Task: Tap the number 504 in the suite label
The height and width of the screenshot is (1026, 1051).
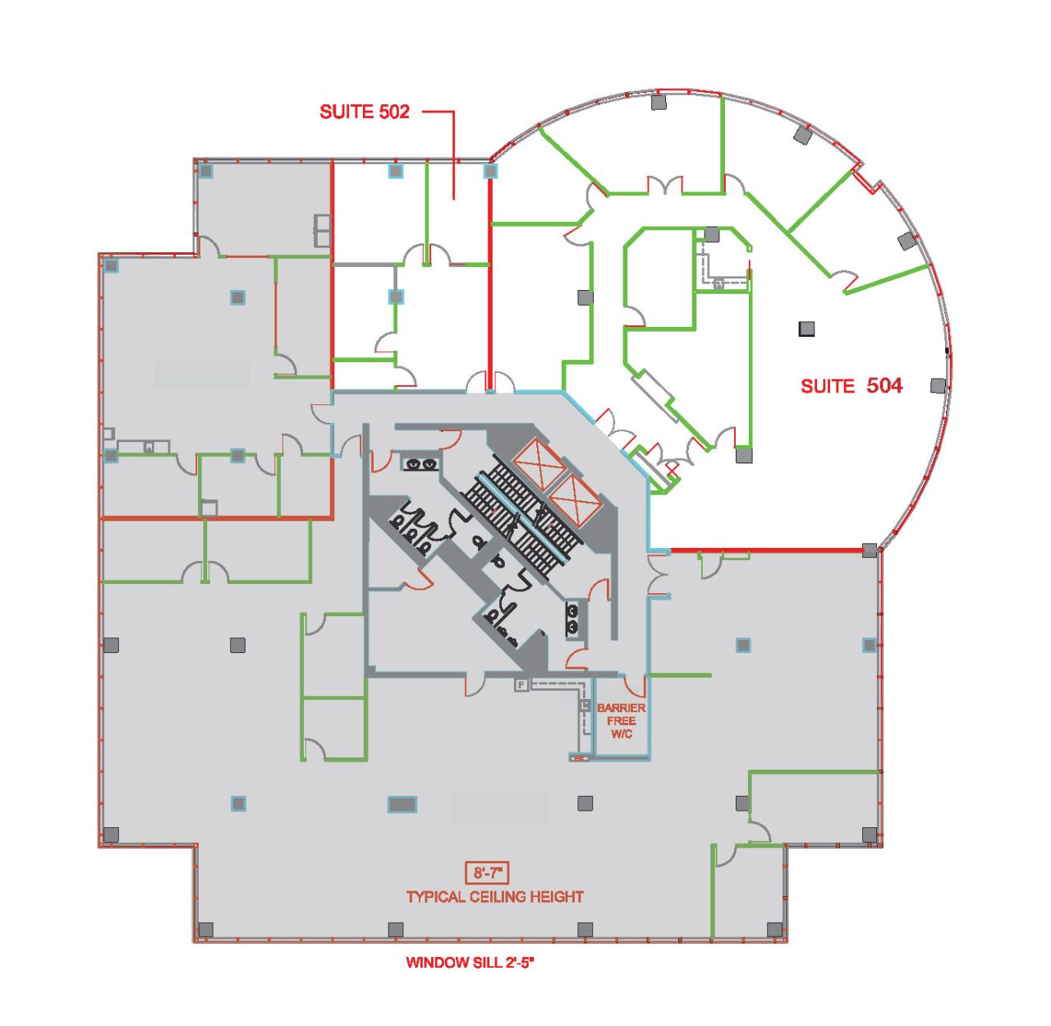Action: (884, 385)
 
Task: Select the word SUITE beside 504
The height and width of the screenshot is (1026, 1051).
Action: (828, 386)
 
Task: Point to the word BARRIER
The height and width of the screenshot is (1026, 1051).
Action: (621, 707)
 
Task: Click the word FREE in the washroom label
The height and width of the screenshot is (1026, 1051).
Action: (622, 720)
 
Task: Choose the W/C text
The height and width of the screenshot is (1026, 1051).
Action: (622, 734)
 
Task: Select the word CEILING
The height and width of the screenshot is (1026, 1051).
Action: (498, 897)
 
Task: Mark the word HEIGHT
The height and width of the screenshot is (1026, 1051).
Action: (557, 897)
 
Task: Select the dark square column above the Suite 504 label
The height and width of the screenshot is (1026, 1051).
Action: (807, 329)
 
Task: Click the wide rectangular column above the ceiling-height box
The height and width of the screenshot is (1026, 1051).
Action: (402, 804)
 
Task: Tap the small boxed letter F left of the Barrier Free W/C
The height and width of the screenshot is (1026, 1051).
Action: (521, 684)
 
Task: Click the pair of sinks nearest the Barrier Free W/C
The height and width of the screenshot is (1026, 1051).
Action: (572, 619)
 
